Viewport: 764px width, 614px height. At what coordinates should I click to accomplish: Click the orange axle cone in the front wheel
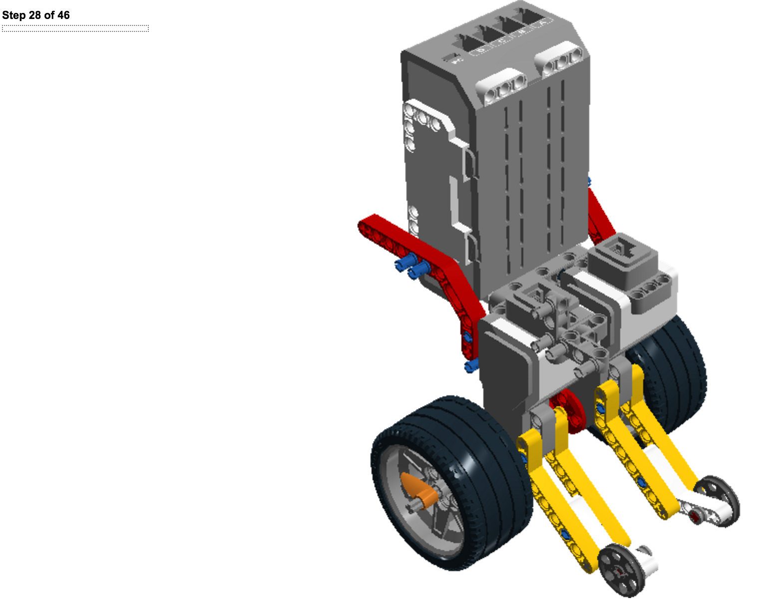tap(419, 490)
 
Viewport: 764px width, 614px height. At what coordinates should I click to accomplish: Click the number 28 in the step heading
tap(35, 15)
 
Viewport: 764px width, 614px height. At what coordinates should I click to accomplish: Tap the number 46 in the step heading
tap(63, 15)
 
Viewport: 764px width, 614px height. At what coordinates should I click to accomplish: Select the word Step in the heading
tap(14, 15)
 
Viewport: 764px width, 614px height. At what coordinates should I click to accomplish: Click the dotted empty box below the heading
tap(75, 28)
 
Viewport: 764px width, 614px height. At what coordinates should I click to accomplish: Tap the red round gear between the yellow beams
tap(568, 410)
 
